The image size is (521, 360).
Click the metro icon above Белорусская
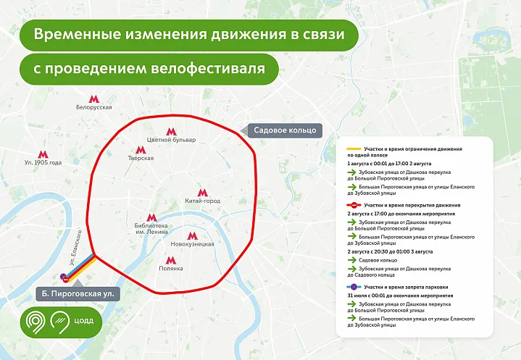[93, 99]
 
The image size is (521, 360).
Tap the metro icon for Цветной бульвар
[171, 131]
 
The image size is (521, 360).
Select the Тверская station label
[141, 157]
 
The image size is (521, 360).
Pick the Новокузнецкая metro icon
[192, 235]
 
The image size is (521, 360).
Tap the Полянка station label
[172, 267]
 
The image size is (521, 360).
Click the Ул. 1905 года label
[43, 162]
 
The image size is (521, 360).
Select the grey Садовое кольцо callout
[285, 130]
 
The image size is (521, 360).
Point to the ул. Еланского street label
[78, 251]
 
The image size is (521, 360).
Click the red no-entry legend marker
[354, 206]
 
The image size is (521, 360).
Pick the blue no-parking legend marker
[354, 287]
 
